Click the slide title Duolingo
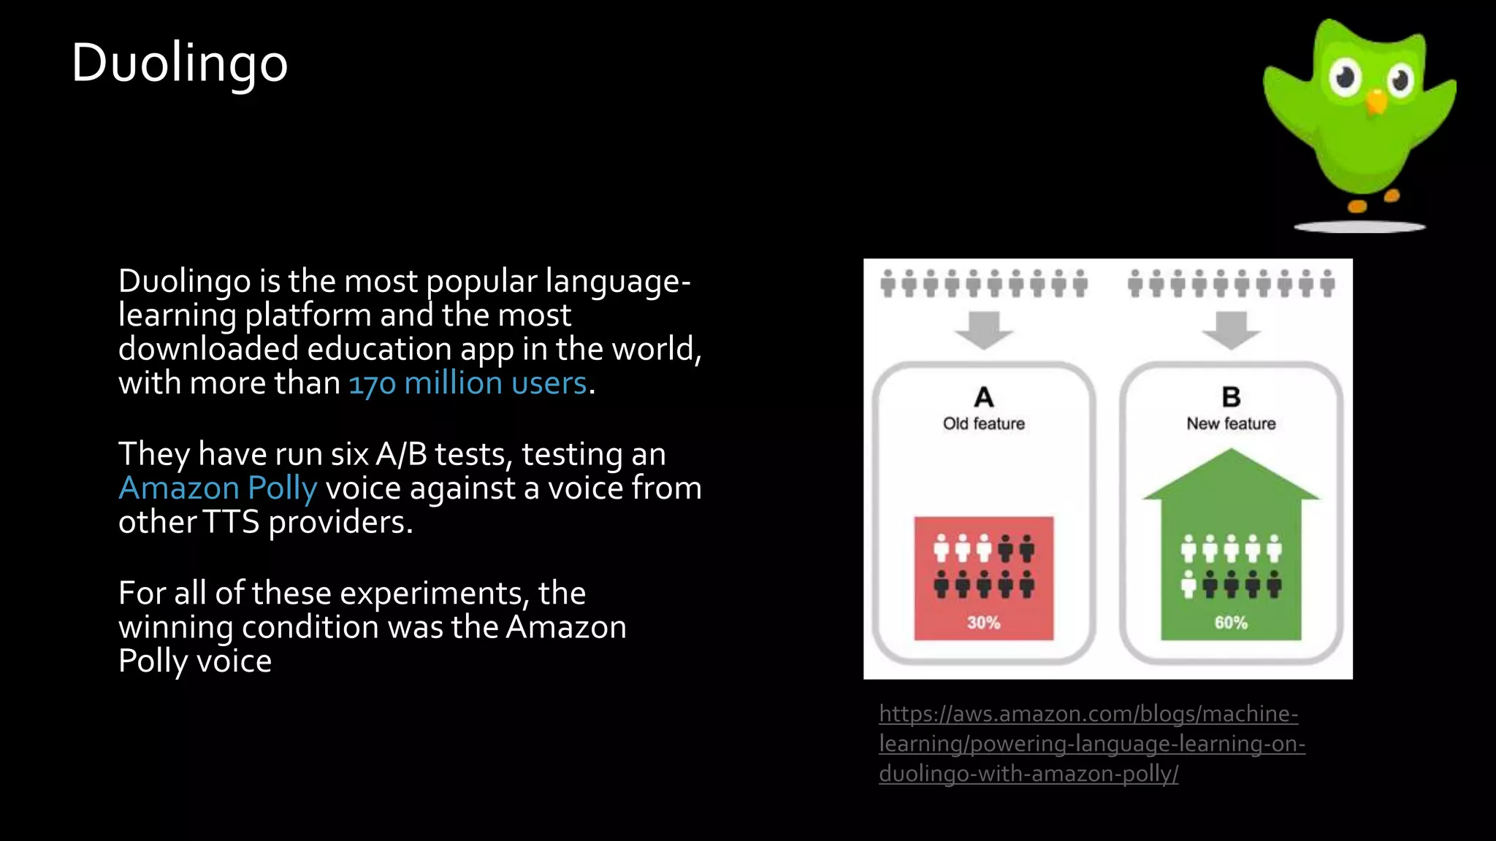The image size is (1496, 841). pos(180,63)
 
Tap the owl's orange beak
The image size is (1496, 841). pos(1376,101)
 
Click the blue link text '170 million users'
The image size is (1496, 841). pos(467,383)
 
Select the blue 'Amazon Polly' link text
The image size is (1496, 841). pos(218,488)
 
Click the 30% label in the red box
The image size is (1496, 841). pos(983,623)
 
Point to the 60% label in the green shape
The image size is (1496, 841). pos(1231,623)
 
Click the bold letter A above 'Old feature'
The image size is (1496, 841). pos(984,397)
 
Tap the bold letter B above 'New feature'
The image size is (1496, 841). pos(1231,397)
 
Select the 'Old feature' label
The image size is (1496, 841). pos(983,423)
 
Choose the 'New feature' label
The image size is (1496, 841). pos(1231,423)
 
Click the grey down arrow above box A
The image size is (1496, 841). pos(984,329)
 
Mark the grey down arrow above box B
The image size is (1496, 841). pos(1231,329)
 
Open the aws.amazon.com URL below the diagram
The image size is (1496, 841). pos(1091,743)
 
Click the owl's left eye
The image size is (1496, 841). pos(1345,77)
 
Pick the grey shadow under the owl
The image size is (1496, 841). pos(1359,227)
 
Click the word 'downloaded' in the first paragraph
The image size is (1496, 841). pos(208,349)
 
